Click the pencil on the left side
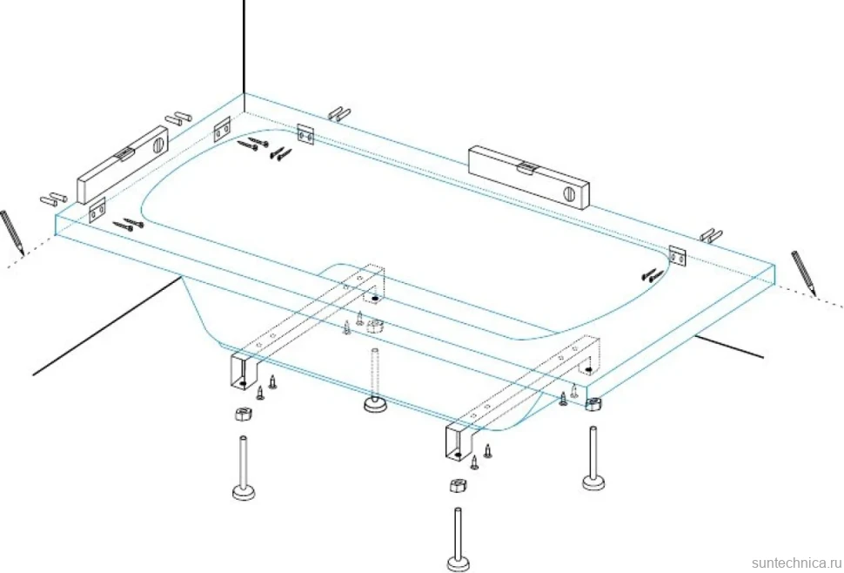tap(12, 233)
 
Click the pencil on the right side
tap(804, 273)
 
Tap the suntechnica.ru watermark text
tap(797, 563)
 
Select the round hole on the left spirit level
tap(158, 145)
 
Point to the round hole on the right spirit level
tap(570, 194)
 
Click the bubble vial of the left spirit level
tap(123, 155)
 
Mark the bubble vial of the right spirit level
tap(526, 169)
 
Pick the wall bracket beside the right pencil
tap(677, 257)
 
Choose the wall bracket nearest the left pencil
tap(97, 211)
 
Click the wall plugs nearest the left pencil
tap(53, 199)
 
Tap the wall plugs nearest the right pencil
tap(712, 235)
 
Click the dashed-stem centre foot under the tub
tap(374, 381)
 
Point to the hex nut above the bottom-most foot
tap(458, 485)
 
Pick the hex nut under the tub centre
tap(375, 326)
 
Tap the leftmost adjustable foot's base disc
tap(244, 492)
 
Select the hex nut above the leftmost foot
tap(244, 415)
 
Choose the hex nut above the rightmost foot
tap(593, 404)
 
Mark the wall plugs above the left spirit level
tap(178, 118)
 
